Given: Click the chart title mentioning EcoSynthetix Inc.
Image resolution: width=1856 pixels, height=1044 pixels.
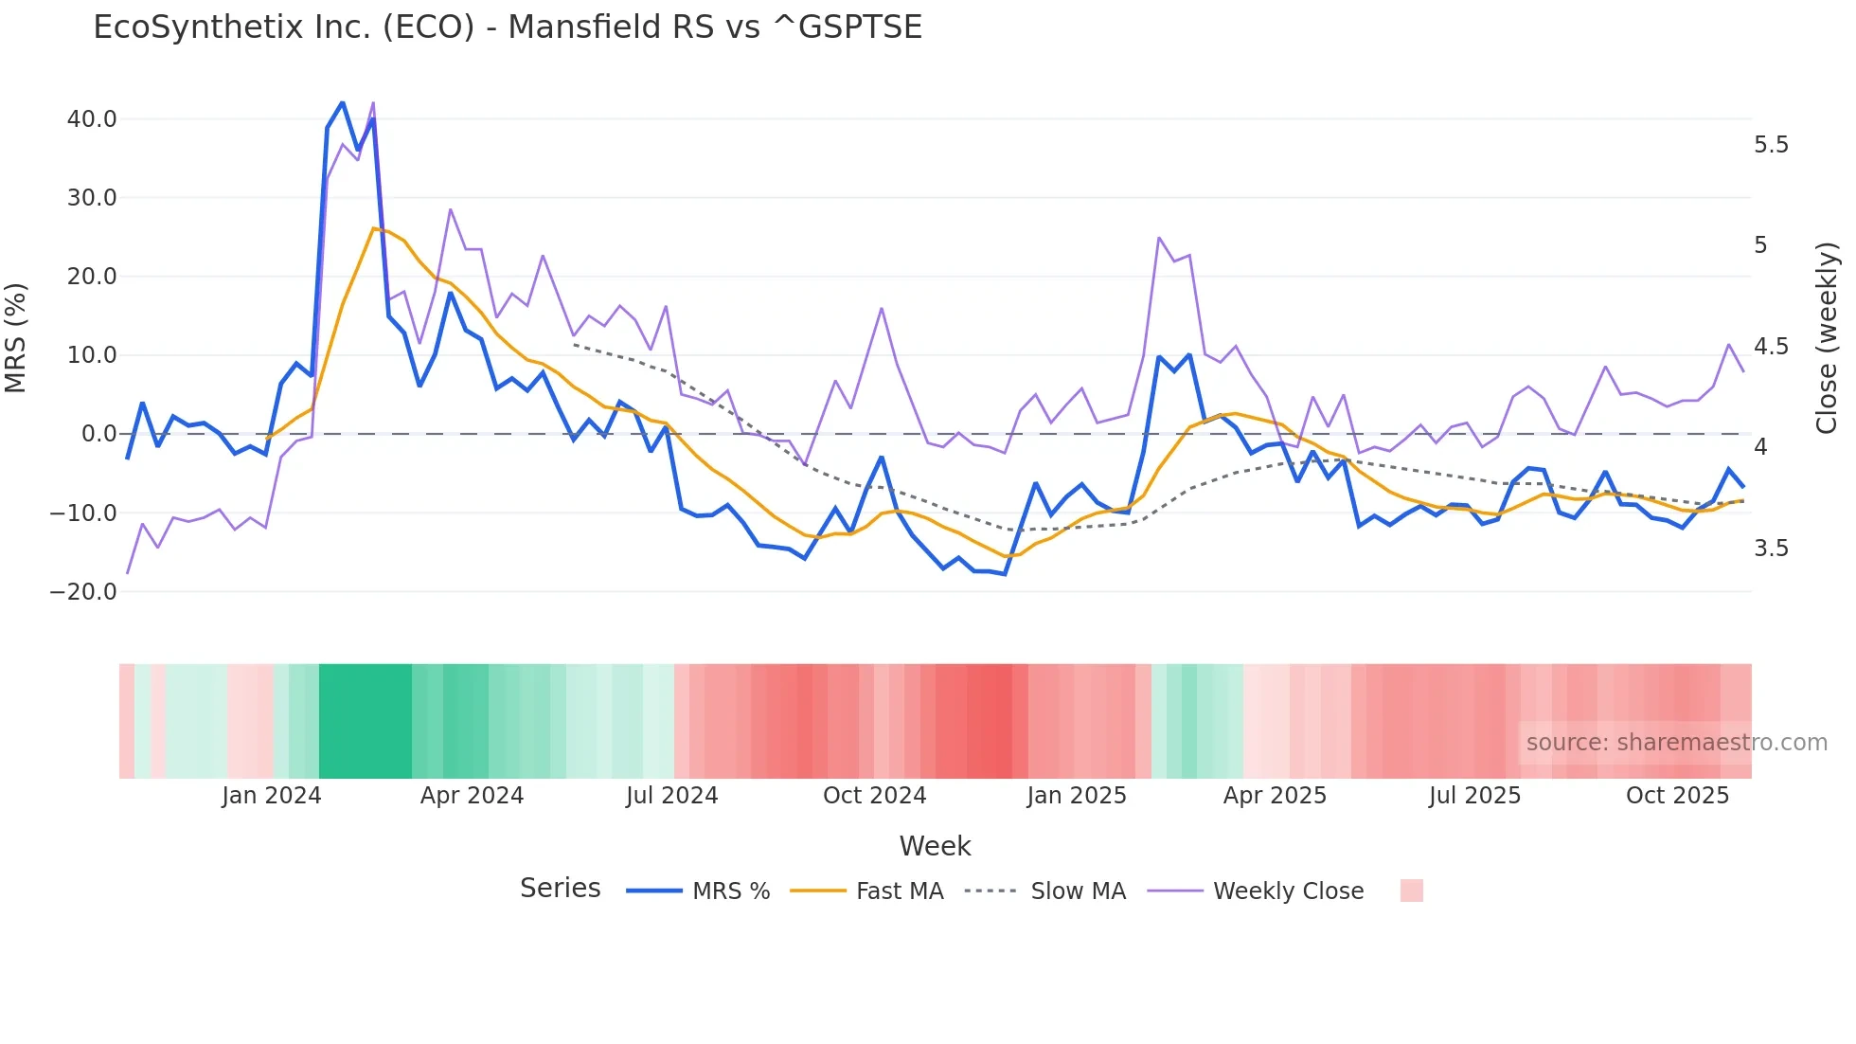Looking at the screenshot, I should tap(508, 27).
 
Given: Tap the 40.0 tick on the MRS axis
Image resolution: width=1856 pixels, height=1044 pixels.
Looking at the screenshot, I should tap(92, 119).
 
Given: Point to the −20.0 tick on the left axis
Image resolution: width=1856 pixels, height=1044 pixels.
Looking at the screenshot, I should tap(83, 592).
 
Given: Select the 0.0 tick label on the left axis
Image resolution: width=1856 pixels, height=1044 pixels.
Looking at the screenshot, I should tap(99, 434).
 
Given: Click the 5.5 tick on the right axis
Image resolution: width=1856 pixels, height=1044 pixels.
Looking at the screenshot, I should tap(1771, 145).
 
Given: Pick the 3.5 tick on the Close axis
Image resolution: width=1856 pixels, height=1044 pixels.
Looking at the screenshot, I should tap(1771, 549).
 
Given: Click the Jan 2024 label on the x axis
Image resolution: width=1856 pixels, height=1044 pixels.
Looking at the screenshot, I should tap(272, 796).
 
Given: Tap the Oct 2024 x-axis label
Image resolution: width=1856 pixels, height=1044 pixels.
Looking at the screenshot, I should tap(874, 796).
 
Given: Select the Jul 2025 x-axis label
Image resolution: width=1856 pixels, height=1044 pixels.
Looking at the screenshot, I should tap(1474, 796).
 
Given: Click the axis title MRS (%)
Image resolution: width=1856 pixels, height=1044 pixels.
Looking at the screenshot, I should tap(16, 337).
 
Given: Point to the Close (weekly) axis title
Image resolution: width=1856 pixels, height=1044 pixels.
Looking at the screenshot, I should tap(1827, 337).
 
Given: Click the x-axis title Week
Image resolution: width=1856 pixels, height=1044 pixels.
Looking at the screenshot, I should tap(935, 846).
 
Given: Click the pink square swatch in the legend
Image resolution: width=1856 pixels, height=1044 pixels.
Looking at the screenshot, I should tap(1411, 891).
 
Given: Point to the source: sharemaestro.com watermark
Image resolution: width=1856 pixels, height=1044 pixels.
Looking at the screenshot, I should tap(1676, 743).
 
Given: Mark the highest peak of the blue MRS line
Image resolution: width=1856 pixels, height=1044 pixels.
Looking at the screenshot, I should tap(342, 102).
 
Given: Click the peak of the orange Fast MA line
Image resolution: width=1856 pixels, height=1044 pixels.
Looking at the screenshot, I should tap(373, 228).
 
